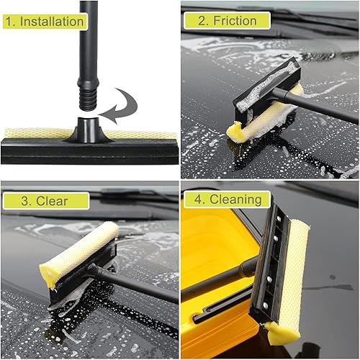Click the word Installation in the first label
coord(52,21)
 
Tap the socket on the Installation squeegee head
coord(87,129)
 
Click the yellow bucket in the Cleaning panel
coord(216,252)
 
